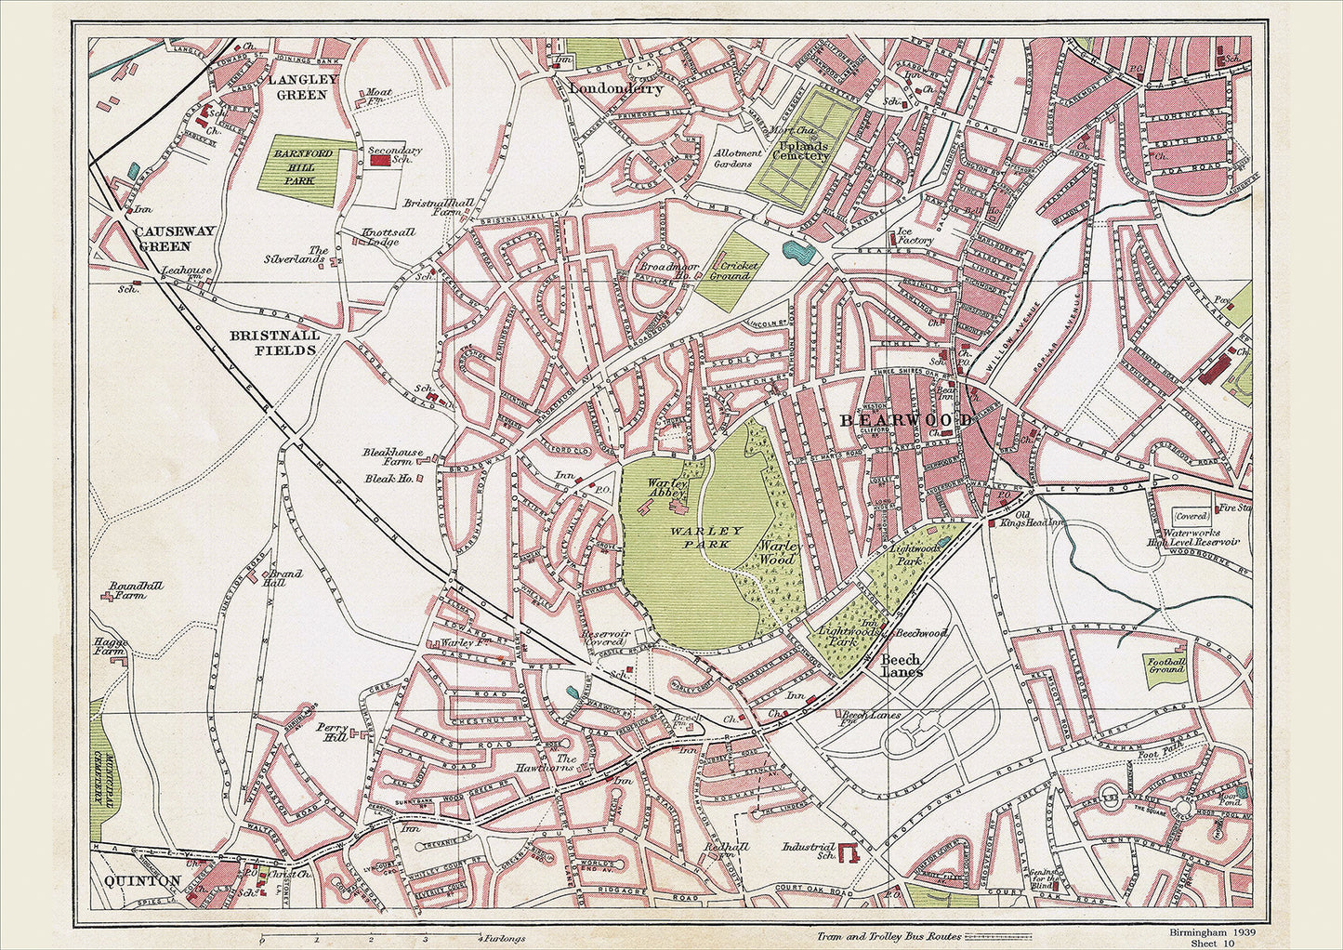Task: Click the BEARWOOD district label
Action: tap(906, 420)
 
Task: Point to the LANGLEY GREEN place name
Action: tap(297, 87)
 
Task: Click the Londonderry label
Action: tap(615, 89)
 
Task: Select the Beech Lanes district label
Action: tap(901, 666)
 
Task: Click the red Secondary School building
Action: tap(380, 161)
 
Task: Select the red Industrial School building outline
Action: tap(849, 853)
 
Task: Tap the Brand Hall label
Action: tap(284, 578)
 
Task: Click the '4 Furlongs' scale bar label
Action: tap(494, 939)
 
